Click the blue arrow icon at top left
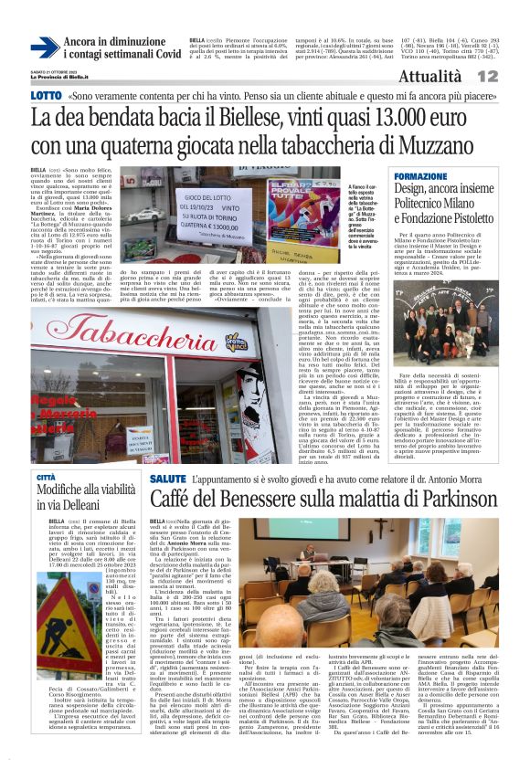point(44,47)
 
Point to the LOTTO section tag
point(46,95)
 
